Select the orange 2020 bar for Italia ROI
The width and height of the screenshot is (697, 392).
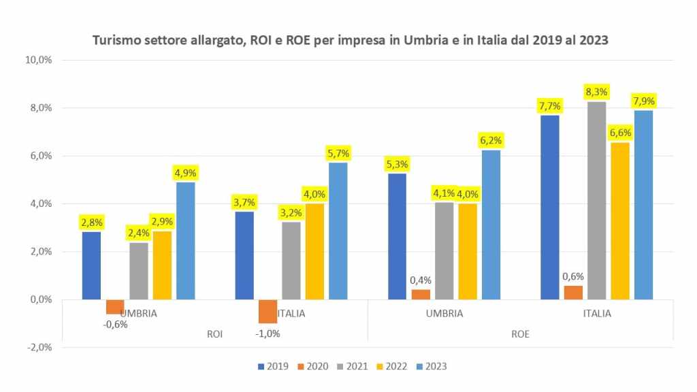pos(268,311)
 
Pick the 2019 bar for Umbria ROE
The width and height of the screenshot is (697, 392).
pos(397,236)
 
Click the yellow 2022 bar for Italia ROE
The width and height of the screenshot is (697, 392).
pos(620,220)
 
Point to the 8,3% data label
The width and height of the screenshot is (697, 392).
pos(597,91)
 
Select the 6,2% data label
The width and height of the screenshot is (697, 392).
pos(491,140)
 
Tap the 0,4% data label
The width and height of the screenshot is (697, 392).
pos(420,280)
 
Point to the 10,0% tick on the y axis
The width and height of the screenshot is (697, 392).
pos(39,60)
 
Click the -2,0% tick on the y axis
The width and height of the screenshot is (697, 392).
pos(39,347)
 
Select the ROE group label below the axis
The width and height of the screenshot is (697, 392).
pos(521,334)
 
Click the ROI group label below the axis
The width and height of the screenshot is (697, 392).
pos(214,334)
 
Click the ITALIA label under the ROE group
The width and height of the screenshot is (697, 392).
pos(597,314)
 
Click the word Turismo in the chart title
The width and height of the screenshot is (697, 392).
pos(115,40)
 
